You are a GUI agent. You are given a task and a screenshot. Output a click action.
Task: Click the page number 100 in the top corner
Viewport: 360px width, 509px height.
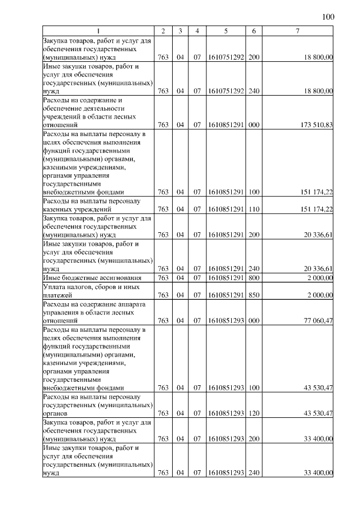328,16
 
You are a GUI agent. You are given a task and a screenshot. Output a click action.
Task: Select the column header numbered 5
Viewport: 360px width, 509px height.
225,31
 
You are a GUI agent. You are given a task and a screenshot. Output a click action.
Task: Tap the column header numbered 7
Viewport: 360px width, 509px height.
297,31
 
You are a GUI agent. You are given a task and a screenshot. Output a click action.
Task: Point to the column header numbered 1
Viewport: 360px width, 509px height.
98,31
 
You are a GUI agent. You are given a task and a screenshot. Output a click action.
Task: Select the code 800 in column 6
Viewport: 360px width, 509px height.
254,278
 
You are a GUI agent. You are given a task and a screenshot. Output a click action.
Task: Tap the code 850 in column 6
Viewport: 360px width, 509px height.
254,295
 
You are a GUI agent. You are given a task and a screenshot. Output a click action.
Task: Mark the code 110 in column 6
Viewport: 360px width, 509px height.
254,209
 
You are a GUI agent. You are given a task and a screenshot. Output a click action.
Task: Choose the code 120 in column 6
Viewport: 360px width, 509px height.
254,413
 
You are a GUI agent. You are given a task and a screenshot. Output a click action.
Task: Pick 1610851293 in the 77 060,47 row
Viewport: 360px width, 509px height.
225,321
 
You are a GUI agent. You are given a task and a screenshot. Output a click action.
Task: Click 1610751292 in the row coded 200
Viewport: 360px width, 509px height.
225,57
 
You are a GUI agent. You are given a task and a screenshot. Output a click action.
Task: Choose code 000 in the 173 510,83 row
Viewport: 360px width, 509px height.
254,125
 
